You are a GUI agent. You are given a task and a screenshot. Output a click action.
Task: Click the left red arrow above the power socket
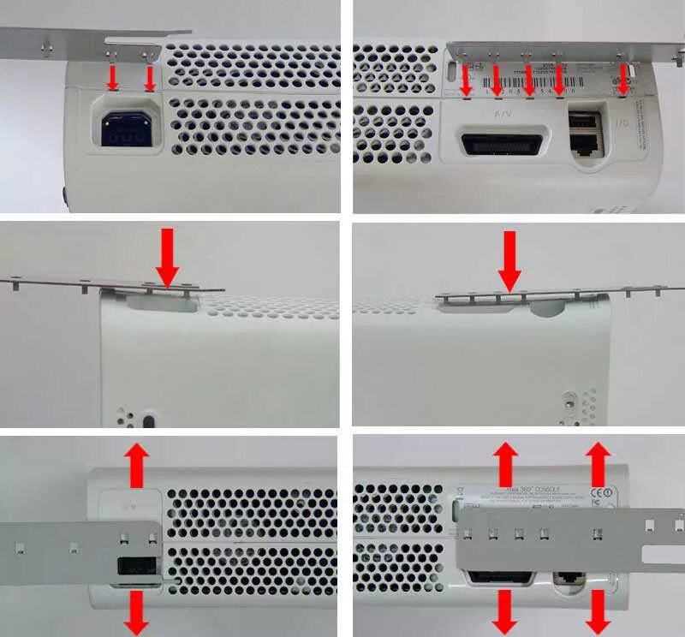(112, 79)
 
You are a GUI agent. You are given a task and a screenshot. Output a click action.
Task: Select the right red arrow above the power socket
(151, 79)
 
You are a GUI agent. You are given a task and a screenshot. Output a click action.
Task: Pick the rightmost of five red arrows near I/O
(623, 81)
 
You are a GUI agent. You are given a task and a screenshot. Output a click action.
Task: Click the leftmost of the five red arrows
(466, 81)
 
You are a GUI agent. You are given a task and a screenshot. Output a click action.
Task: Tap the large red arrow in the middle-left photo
(167, 259)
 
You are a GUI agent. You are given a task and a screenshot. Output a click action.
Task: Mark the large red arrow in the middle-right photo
(509, 262)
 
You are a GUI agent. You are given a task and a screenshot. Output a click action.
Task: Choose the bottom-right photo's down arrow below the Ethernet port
(599, 611)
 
